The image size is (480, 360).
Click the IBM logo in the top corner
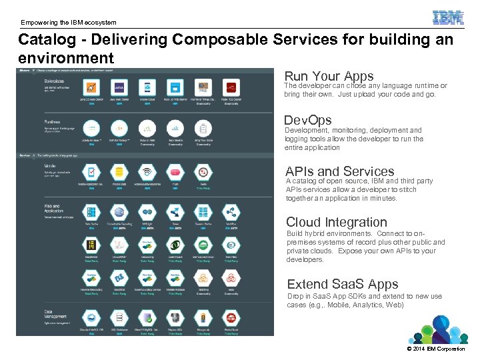pyautogui.click(x=448, y=17)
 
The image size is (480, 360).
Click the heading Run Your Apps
pyautogui.click(x=329, y=76)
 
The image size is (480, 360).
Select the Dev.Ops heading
pyautogui.click(x=307, y=121)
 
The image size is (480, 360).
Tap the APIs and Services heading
pyautogui.click(x=339, y=171)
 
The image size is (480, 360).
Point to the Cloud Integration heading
pyautogui.click(x=336, y=222)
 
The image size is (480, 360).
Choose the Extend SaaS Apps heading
pyautogui.click(x=342, y=284)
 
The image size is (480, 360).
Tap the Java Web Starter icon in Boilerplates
pyautogui.click(x=119, y=87)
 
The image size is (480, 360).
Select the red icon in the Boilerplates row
pyautogui.click(x=231, y=87)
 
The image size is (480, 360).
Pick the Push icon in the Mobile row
pyautogui.click(x=175, y=172)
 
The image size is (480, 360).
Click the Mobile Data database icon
pyautogui.click(x=119, y=172)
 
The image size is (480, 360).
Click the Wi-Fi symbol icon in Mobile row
pyautogui.click(x=147, y=172)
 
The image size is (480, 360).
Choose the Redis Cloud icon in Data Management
pyautogui.click(x=231, y=318)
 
